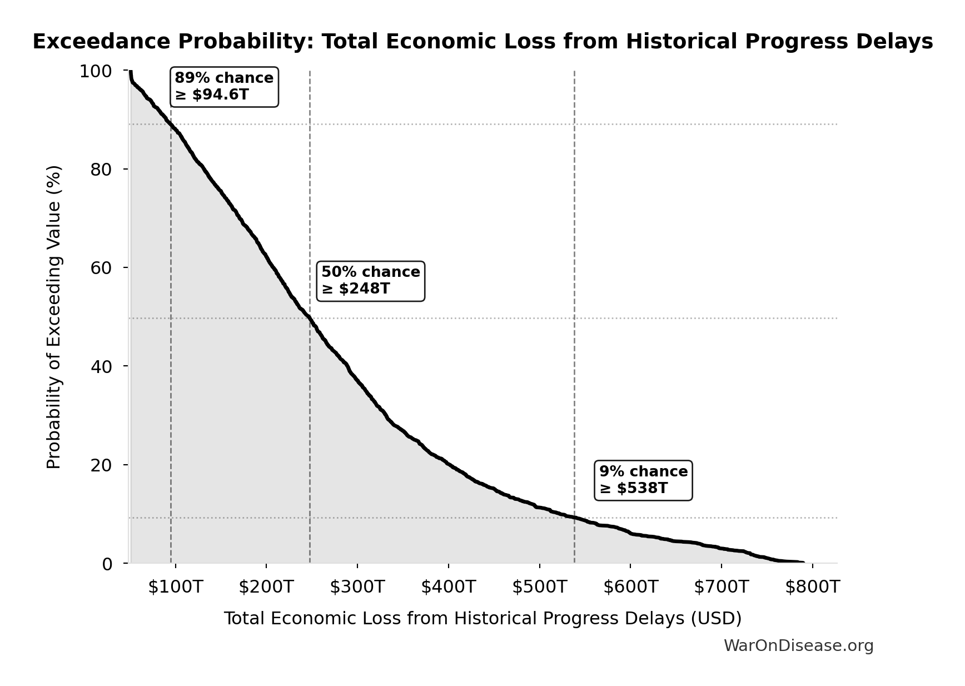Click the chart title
482,42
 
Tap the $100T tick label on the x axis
175,586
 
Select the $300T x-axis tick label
357,586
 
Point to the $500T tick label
539,586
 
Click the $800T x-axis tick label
812,586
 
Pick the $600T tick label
630,586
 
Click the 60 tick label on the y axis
101,268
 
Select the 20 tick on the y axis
101,465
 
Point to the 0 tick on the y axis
107,564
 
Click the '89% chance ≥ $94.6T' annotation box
224,87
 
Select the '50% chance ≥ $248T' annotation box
370,281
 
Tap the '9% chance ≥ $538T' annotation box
643,480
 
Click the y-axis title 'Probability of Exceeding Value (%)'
54,317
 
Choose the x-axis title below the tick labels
482,619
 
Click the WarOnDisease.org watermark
798,646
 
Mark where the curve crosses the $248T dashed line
310,319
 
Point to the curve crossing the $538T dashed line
574,518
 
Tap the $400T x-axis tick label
448,586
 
